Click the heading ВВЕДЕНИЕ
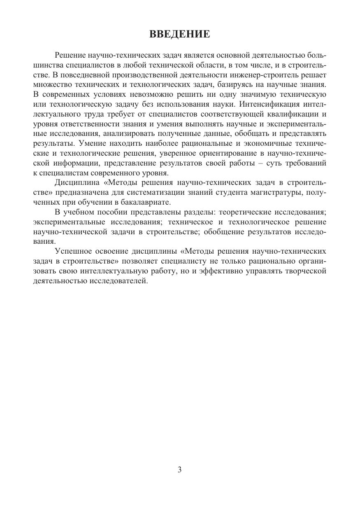tap(179, 34)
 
